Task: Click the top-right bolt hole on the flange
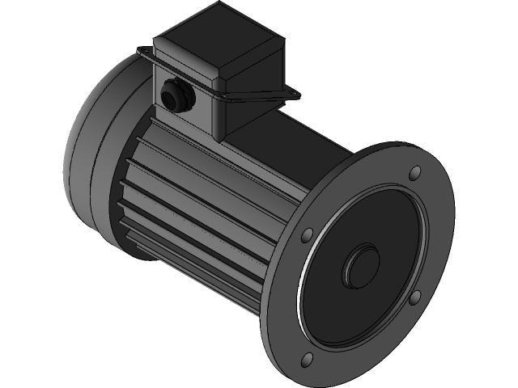tap(415, 173)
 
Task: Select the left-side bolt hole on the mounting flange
tap(308, 236)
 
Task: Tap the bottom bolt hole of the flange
tap(308, 361)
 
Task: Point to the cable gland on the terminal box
tap(174, 95)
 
